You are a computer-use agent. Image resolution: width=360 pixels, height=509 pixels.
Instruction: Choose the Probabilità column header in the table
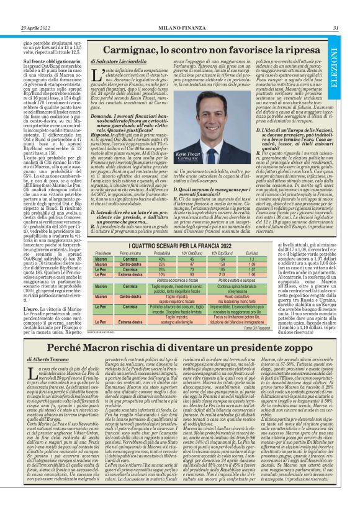pos(162,253)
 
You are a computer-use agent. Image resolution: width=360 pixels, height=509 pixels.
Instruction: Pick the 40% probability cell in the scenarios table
pos(162,259)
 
